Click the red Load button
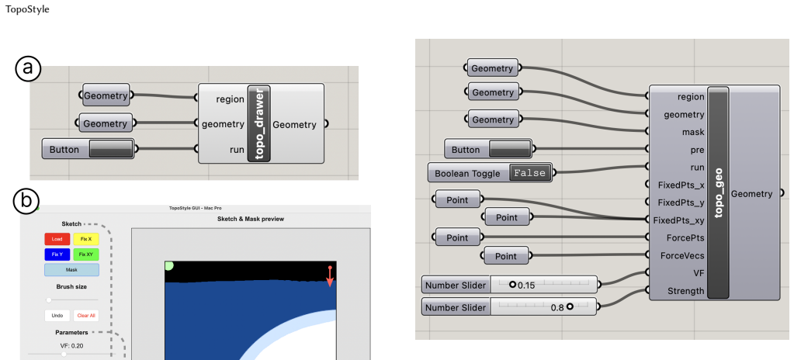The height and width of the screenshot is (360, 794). (57, 239)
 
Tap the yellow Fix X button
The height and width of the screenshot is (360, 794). (86, 239)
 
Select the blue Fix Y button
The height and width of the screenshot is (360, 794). (57, 254)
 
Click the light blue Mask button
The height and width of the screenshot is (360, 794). (71, 270)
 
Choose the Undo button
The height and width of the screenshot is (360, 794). (57, 316)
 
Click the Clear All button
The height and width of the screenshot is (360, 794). (86, 316)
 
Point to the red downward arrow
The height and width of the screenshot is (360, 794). (330, 276)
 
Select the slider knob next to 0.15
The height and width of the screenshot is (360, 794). (512, 285)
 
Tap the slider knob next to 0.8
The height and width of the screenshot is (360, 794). (570, 306)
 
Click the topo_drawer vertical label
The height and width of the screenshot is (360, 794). (259, 123)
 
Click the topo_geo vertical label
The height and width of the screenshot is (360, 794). (718, 193)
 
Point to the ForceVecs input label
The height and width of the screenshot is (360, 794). (679, 255)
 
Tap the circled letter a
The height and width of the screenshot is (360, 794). (28, 69)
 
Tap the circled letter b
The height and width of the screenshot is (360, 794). (26, 201)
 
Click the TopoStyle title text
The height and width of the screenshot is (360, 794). (27, 9)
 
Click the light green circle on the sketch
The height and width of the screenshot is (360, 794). (168, 266)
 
